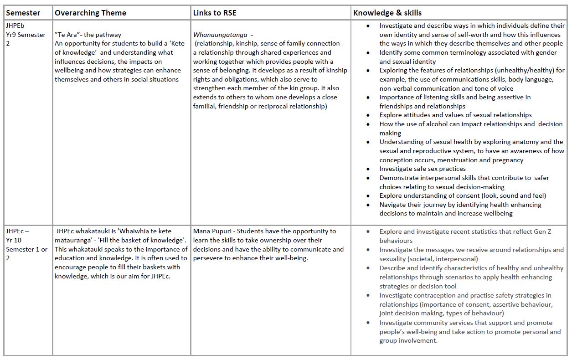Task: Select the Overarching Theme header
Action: click(90, 13)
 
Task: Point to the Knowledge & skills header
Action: click(387, 13)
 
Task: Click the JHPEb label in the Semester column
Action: click(15, 26)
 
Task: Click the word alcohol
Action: click(431, 124)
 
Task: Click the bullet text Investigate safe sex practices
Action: click(423, 169)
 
